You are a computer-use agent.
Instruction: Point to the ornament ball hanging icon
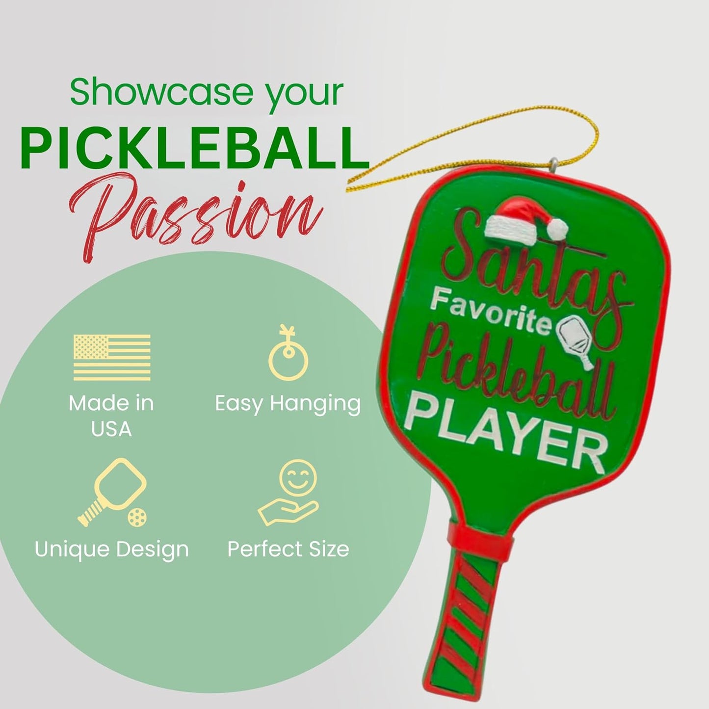pyautogui.click(x=289, y=353)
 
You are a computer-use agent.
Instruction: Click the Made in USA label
pyautogui.click(x=111, y=416)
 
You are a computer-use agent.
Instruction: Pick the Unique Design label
pyautogui.click(x=112, y=549)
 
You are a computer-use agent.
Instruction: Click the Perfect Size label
pyautogui.click(x=289, y=549)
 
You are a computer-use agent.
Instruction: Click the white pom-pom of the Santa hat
pyautogui.click(x=558, y=229)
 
